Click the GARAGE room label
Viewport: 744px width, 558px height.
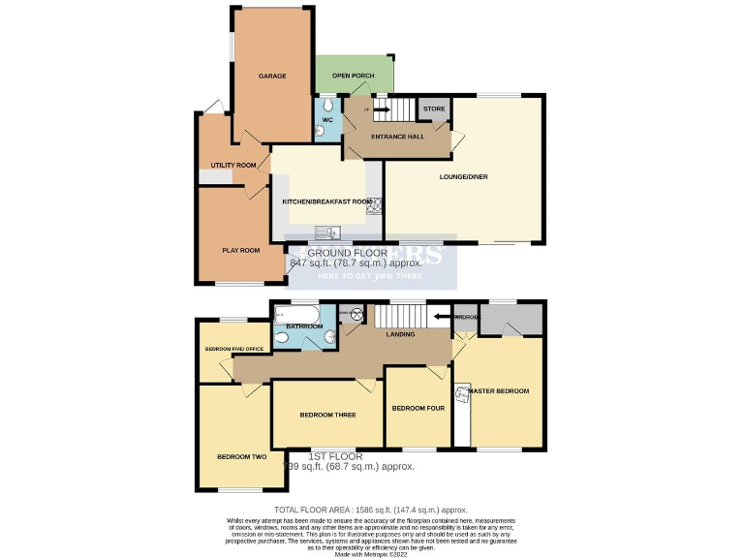click(x=271, y=76)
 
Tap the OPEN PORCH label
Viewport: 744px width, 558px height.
click(x=353, y=76)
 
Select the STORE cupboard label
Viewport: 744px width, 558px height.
click(x=434, y=108)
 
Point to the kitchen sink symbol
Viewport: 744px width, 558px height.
click(x=331, y=232)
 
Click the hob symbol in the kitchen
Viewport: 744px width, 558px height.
click(x=373, y=204)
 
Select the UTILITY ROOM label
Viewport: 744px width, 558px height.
click(x=233, y=166)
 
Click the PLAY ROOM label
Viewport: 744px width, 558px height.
click(x=241, y=251)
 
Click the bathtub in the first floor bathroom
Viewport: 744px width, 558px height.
click(x=295, y=315)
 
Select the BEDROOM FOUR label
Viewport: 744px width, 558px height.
click(x=418, y=409)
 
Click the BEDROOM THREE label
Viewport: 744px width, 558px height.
click(x=327, y=415)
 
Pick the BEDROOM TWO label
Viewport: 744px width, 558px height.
click(x=241, y=457)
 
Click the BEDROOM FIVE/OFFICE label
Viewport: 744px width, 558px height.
click(x=233, y=349)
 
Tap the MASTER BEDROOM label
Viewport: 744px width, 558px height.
click(x=499, y=391)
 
